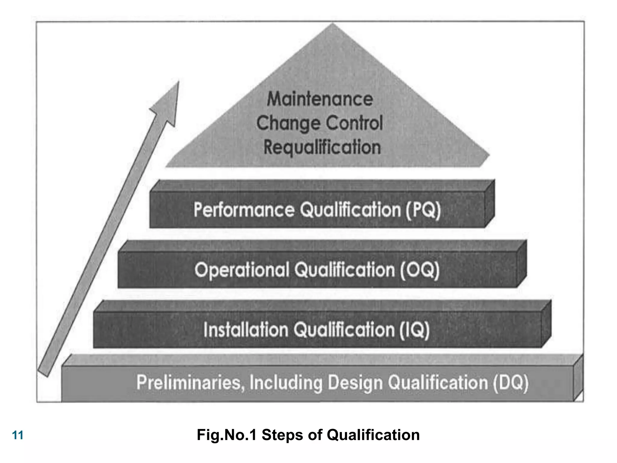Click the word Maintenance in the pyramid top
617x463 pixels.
[x=320, y=99]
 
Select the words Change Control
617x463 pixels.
[x=320, y=123]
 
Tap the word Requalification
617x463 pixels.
[x=322, y=147]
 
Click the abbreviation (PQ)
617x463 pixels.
[x=423, y=210]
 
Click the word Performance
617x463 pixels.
[x=244, y=210]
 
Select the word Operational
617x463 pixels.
[x=242, y=270]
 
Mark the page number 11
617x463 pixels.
[x=18, y=435]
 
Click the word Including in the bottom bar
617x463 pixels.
[x=286, y=383]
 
